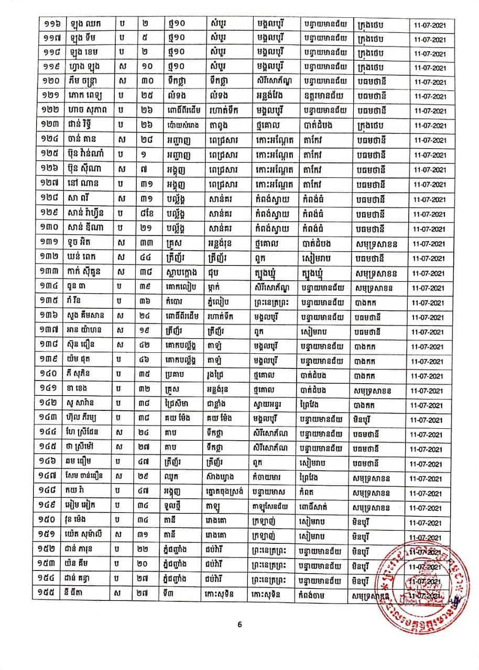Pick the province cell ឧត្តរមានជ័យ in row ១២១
[323, 97]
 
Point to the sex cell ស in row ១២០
[123, 82]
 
